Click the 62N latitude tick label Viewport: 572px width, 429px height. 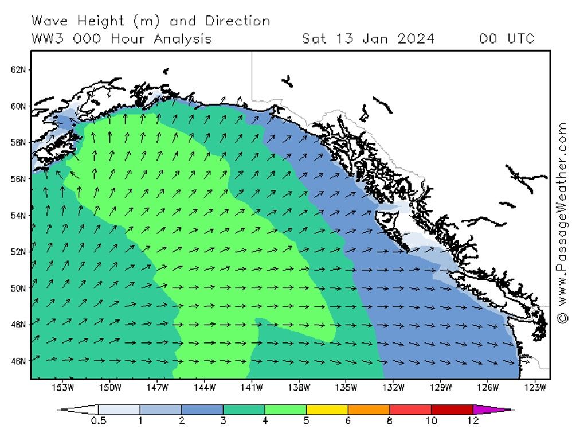(x=18, y=69)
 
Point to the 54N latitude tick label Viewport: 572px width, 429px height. (x=18, y=215)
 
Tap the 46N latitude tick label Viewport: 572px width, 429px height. (x=18, y=361)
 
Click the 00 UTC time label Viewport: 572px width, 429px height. (x=507, y=39)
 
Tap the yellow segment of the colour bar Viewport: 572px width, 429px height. (x=327, y=409)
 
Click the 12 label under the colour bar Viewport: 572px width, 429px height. (x=473, y=422)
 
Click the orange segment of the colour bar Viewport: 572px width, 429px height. (x=369, y=409)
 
